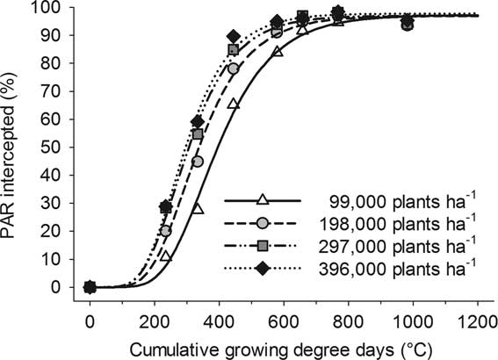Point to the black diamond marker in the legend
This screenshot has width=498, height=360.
click(262, 261)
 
